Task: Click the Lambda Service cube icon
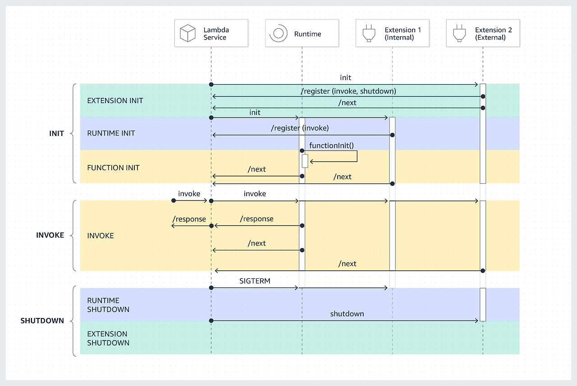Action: coord(188,33)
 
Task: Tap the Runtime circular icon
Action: coord(279,33)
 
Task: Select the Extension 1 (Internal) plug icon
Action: coord(369,33)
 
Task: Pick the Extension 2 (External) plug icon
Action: coord(459,33)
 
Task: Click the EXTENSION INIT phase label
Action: coord(115,100)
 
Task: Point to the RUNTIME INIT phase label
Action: coord(111,133)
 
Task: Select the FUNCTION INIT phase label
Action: coord(113,168)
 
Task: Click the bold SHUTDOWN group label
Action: coord(42,321)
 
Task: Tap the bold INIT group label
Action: coord(57,134)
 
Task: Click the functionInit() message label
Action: coord(331,145)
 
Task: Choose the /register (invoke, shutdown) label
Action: coord(348,91)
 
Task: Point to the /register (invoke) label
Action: coord(300,128)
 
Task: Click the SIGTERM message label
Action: coord(255,281)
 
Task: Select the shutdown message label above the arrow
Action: coord(347,313)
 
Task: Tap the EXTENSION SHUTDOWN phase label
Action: coord(108,338)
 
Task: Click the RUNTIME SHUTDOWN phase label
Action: coord(108,305)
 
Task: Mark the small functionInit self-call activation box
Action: coord(305,161)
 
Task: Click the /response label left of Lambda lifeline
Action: coord(189,219)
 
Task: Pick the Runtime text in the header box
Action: coord(307,34)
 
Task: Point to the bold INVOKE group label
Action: coord(50,235)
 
